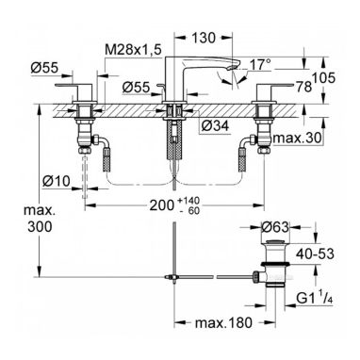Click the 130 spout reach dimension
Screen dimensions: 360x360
pos(204,38)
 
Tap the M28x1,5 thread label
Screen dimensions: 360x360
pos(133,50)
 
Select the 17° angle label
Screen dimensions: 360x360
pos(260,65)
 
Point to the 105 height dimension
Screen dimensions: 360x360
pos(323,77)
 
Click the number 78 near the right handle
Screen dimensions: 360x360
pos(303,87)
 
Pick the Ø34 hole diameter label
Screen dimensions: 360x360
pos(215,126)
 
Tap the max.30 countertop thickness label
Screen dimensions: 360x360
pos(298,138)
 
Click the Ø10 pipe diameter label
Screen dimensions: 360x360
pos(56,181)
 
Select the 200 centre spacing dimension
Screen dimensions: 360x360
pos(162,205)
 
